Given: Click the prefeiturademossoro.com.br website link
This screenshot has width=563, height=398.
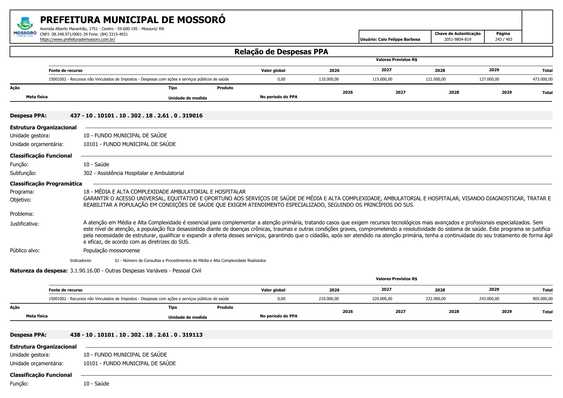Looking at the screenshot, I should pos(77,39).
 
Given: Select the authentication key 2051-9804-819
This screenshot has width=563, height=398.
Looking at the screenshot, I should pos(457,39).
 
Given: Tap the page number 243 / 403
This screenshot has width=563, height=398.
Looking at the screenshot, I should pos(503,39).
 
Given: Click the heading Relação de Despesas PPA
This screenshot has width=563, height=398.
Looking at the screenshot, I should pos(281,52).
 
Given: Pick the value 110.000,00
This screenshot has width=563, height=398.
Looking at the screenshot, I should pos(328,79).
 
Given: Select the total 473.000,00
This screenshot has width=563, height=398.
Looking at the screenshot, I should pos(542,79).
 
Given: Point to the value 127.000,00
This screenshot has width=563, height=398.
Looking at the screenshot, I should pos(489,79).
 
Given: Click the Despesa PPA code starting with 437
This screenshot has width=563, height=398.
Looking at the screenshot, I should pos(136,116).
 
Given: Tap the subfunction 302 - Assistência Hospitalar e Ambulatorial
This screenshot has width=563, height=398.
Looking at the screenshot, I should pos(133,173).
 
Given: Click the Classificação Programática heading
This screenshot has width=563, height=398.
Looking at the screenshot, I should pos(46,184).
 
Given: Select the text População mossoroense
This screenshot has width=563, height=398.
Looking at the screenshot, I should pos(112,250).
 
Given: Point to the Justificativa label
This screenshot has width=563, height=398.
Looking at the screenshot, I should pos(24,224).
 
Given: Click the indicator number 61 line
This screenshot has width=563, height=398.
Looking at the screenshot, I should pos(190,261).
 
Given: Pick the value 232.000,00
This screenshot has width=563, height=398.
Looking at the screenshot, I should pos(436,299).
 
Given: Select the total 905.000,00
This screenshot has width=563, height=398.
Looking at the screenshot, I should pos(542,299).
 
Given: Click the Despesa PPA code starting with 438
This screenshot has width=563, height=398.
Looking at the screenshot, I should pos(136,335).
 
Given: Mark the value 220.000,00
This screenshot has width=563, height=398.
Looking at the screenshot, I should pos(382,299).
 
